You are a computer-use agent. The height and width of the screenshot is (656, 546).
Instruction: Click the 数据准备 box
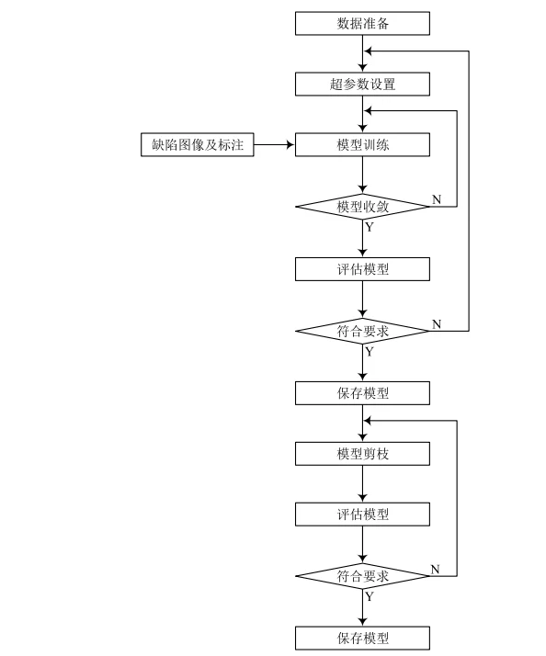click(362, 23)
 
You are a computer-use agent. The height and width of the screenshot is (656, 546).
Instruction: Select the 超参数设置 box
click(362, 85)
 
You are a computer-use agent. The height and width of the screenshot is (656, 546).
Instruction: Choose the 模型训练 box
click(362, 144)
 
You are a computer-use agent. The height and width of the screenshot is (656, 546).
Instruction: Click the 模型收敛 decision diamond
click(362, 207)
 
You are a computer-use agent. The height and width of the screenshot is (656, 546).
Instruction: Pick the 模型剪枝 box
click(362, 453)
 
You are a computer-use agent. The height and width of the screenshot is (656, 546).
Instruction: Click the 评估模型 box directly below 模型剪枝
click(362, 515)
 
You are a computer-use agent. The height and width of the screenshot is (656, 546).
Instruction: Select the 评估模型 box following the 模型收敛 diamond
click(362, 268)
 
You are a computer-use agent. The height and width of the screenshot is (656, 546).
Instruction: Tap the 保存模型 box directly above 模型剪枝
click(362, 393)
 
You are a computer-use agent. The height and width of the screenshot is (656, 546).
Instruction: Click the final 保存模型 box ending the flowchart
click(362, 639)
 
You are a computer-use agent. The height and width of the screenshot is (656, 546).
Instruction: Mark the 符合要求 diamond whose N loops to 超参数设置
click(362, 331)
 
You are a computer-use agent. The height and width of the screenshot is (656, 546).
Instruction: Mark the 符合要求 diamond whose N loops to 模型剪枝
click(362, 576)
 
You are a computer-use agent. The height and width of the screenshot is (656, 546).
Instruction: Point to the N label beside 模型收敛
click(436, 198)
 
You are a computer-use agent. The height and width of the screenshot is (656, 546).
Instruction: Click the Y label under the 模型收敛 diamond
click(370, 227)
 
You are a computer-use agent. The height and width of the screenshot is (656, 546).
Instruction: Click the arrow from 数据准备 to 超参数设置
click(362, 54)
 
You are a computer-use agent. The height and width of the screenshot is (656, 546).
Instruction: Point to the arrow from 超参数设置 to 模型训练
click(362, 115)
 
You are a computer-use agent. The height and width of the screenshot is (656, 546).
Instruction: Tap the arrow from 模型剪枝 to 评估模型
click(362, 483)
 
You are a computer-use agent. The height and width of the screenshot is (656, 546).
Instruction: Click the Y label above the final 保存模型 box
click(370, 596)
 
